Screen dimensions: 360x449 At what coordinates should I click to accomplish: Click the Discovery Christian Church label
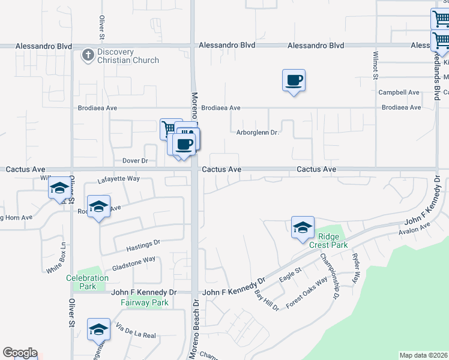pyautogui.click(x=127, y=56)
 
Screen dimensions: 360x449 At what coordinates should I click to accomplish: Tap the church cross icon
pyautogui.click(x=88, y=55)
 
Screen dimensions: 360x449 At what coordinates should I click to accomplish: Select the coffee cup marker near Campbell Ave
pyautogui.click(x=294, y=80)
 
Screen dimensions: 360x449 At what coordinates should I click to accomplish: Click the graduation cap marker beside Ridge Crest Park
pyautogui.click(x=303, y=227)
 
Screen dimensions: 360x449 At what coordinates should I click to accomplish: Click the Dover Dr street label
pyautogui.click(x=135, y=161)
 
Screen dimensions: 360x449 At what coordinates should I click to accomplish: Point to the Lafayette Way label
pyautogui.click(x=118, y=179)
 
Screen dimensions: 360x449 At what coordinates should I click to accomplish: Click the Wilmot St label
pyautogui.click(x=375, y=65)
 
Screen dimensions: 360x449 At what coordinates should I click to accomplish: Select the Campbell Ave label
pyautogui.click(x=399, y=92)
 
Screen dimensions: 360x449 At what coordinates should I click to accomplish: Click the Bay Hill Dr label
pyautogui.click(x=267, y=301)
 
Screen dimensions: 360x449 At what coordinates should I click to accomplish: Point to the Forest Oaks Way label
pyautogui.click(x=307, y=292)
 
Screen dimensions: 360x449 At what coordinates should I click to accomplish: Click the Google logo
pyautogui.click(x=20, y=353)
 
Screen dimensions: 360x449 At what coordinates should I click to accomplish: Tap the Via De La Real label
pyautogui.click(x=136, y=331)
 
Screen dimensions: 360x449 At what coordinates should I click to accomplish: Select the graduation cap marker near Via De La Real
pyautogui.click(x=98, y=329)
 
